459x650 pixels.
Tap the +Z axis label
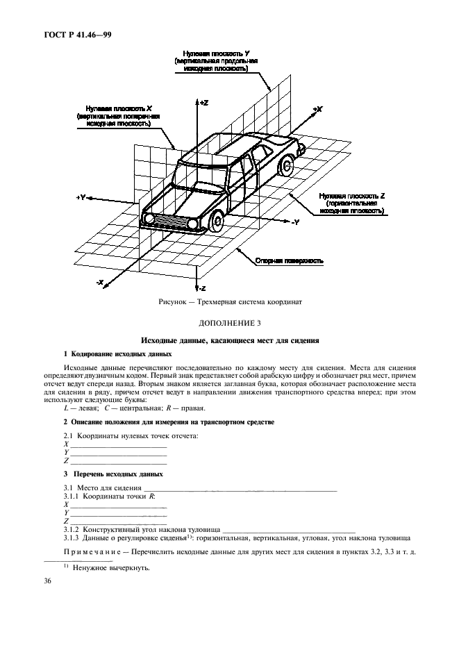point(203,102)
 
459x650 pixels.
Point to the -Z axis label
point(203,287)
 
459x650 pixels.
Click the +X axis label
point(317,109)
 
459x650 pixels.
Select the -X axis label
point(100,282)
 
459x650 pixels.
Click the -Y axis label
point(294,222)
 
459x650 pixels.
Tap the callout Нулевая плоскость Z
point(352,203)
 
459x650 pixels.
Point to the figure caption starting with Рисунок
point(229,303)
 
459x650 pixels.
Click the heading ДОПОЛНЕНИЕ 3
point(229,324)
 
